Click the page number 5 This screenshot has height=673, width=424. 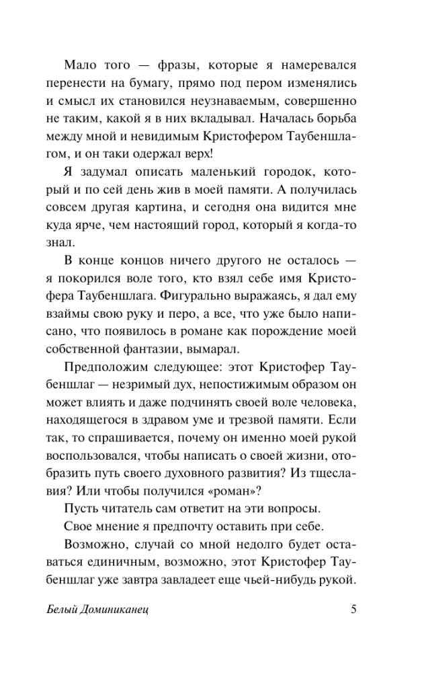pos(353,610)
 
